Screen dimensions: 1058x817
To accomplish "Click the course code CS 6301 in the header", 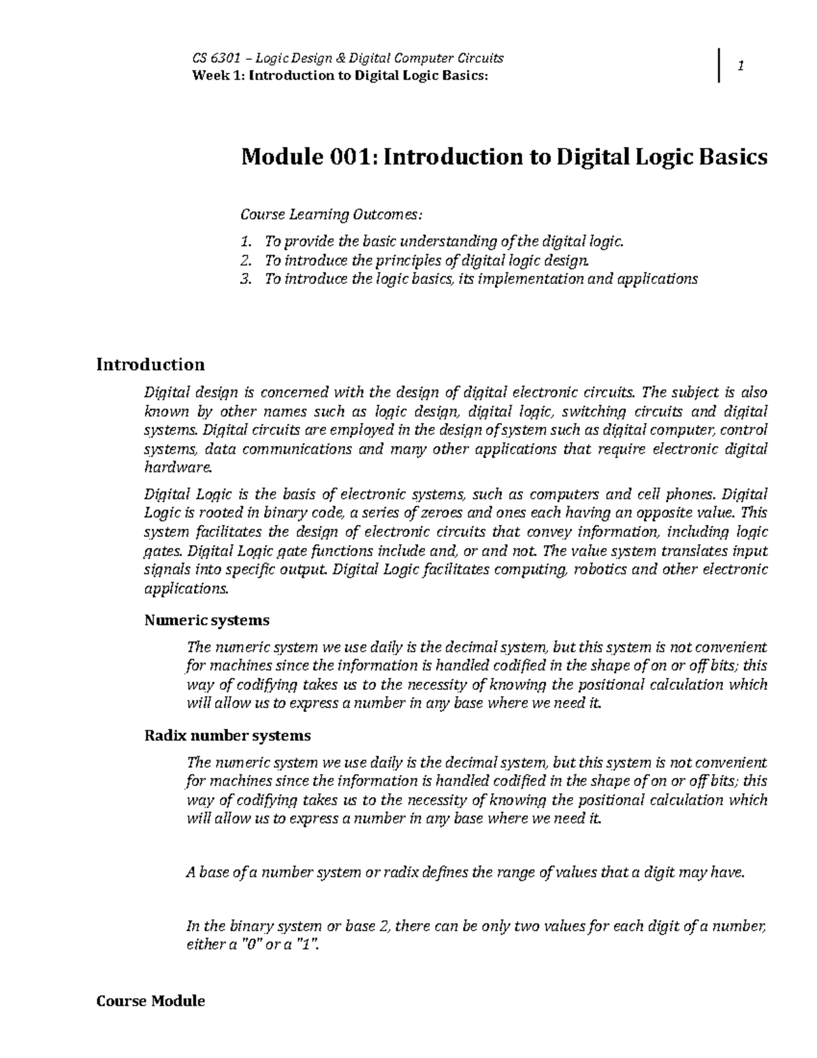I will point(217,58).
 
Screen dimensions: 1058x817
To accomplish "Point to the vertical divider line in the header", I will point(719,66).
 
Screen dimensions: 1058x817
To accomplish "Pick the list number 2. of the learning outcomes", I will point(246,260).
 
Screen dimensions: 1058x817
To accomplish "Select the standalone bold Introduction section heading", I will point(150,364).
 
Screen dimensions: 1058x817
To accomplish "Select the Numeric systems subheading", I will point(207,621).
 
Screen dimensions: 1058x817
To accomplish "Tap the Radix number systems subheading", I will point(227,736).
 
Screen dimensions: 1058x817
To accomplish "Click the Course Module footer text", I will point(150,1001).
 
